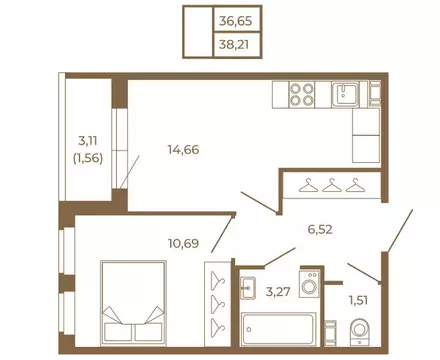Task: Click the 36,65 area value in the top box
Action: pos(235,22)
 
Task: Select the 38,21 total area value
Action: pos(234,44)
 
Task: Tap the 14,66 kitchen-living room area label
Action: pos(183,150)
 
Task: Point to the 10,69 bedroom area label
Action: pos(183,244)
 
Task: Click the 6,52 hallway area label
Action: pos(320,229)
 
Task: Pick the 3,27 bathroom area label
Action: pos(278,292)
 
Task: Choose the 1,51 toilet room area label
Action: pos(358,301)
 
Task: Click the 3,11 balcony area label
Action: pos(88,141)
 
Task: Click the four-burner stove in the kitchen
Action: pos(302,95)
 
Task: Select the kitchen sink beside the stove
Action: pos(345,94)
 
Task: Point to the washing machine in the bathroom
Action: pos(309,283)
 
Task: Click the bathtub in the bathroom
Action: pos(278,329)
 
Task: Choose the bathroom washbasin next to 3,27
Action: pos(248,288)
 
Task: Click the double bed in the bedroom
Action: pos(133,302)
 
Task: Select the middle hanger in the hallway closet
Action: pos(332,185)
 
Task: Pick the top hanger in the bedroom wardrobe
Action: pos(218,280)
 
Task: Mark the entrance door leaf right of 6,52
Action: pos(400,231)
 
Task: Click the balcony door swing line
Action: pos(130,171)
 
